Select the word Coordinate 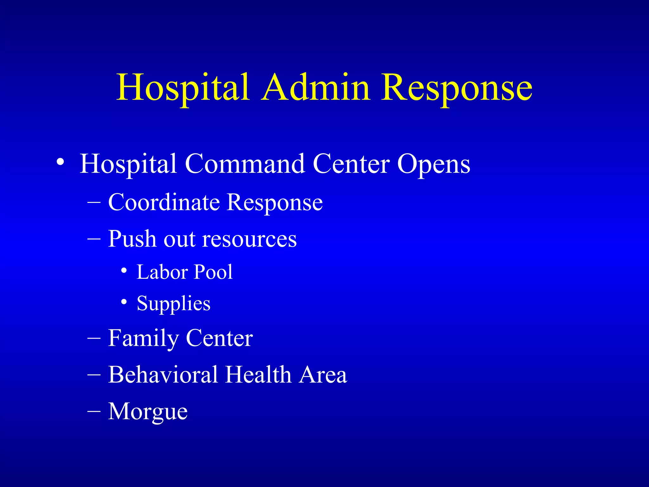[164, 202]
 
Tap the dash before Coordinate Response [94, 202]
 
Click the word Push [132, 239]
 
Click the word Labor [162, 272]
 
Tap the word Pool [213, 272]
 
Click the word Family [143, 339]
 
